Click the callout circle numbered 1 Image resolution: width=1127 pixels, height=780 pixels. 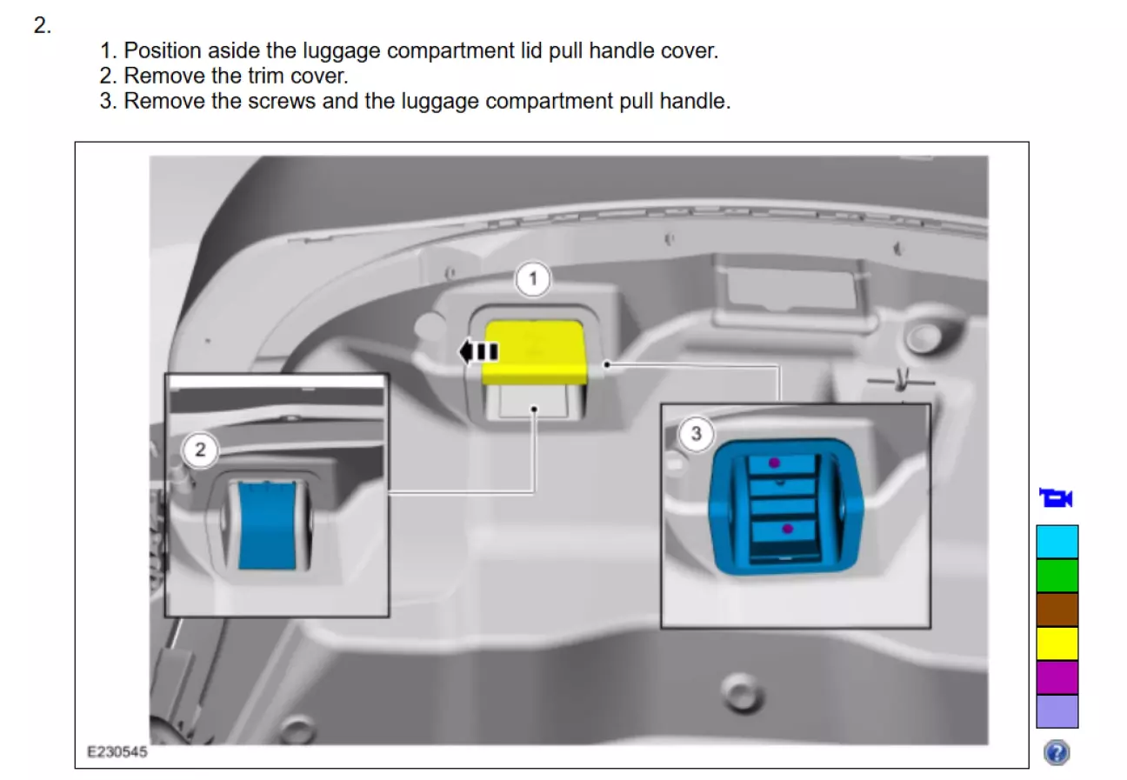533,279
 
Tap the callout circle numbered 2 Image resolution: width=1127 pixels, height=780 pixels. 200,450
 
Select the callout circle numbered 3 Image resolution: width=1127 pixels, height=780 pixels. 697,433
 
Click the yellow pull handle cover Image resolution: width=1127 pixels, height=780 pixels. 534,352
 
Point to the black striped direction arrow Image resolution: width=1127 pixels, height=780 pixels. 478,351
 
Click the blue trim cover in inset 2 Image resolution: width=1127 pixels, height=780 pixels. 267,526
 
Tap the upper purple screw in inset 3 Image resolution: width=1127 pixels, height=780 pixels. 775,463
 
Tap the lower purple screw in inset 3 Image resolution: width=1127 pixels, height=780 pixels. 788,529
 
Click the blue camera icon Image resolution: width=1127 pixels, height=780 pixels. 1056,498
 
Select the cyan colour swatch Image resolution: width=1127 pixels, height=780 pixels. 1057,542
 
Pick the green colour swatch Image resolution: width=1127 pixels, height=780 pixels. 1057,576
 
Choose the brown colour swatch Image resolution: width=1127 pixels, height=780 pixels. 1057,610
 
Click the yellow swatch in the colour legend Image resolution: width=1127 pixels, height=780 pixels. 1057,643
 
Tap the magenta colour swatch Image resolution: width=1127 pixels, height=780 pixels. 1057,678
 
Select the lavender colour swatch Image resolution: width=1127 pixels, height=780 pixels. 1057,711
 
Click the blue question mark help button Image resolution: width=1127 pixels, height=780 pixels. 1057,753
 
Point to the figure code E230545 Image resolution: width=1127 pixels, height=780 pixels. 117,752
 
